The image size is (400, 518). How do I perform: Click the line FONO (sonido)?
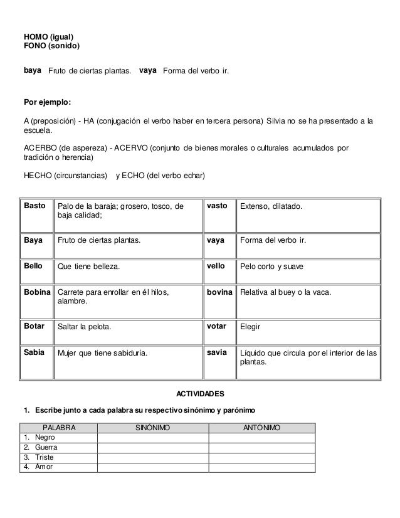51,46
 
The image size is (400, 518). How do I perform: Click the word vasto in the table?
217,206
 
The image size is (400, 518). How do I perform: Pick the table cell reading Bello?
33,266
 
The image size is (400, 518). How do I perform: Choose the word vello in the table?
216,266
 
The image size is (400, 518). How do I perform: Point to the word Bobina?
38,292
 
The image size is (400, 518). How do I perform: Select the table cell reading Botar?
34,326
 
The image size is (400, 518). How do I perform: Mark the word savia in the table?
217,352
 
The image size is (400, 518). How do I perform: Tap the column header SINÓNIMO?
152,428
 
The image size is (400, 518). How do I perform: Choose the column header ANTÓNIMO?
261,428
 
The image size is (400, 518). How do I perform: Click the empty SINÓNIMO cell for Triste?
152,457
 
